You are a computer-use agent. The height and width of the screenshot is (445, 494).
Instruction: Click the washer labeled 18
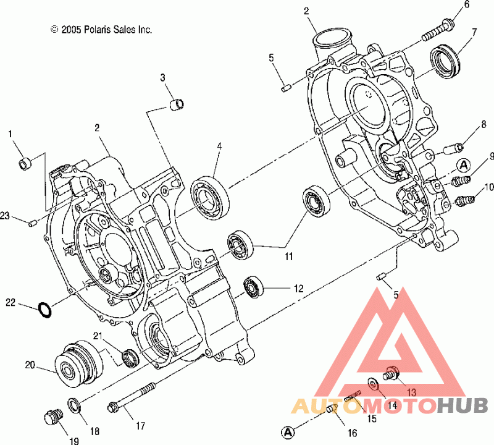73,405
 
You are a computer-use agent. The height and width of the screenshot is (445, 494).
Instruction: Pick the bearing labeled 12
254,287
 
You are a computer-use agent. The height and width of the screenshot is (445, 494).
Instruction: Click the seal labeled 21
130,357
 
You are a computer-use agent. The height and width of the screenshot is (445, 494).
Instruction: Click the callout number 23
5,216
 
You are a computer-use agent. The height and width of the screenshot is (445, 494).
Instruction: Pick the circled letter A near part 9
464,165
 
